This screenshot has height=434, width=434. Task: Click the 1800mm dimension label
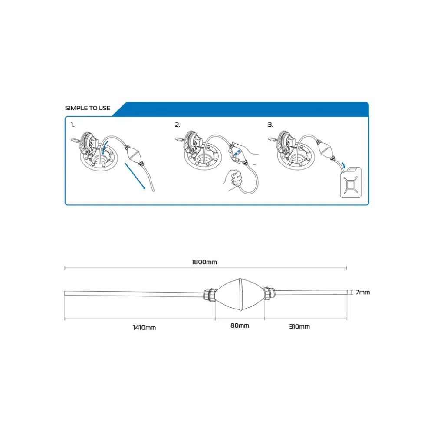204,262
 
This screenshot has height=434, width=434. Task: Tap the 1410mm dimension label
144,328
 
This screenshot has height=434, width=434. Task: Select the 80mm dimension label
240,325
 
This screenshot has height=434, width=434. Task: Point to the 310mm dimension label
299,327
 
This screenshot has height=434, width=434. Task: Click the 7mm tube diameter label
362,292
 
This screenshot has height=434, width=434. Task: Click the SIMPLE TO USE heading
88,108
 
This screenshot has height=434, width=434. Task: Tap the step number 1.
72,125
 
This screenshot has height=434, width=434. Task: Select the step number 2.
178,125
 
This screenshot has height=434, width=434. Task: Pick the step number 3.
270,125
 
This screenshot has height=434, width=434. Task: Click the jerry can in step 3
351,183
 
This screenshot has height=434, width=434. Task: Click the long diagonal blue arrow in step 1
135,176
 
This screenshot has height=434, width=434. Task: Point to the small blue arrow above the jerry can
343,165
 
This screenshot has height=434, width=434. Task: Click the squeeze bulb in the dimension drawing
240,294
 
